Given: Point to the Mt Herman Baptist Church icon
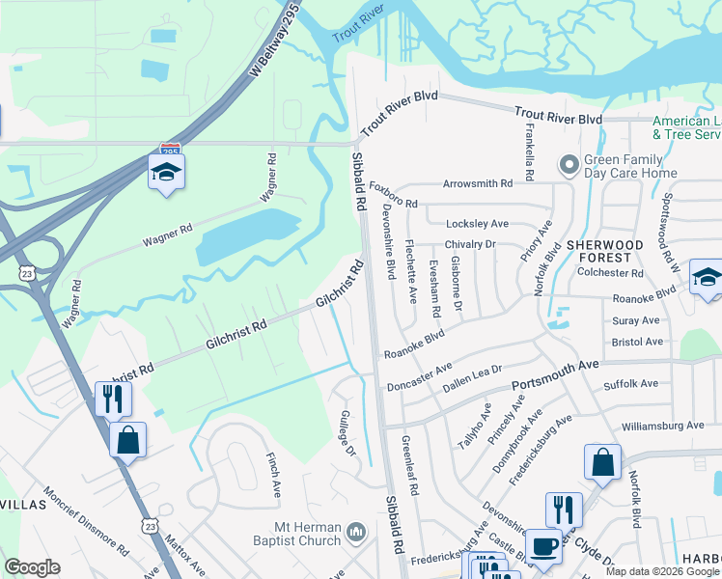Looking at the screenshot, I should point(356,531).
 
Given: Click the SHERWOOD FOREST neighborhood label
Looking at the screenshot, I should point(619,252).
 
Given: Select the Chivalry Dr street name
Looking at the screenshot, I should point(469,245).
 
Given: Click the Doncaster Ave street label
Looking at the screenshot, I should point(419,377).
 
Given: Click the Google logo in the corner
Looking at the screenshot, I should point(32,567).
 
